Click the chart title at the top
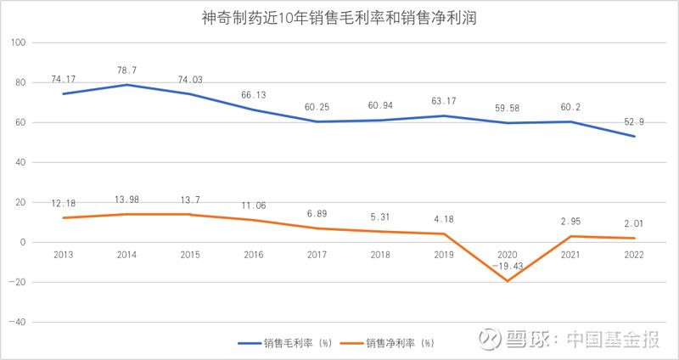coord(340,16)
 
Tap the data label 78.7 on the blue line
coord(126,70)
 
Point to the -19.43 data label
coord(508,266)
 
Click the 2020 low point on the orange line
coord(508,281)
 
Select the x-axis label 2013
coord(63,254)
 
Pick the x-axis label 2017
coord(317,254)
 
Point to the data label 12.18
coord(63,203)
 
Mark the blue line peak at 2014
coord(126,85)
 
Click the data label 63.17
coord(444,101)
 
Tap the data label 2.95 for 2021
coord(571,222)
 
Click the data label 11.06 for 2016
coord(253,205)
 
